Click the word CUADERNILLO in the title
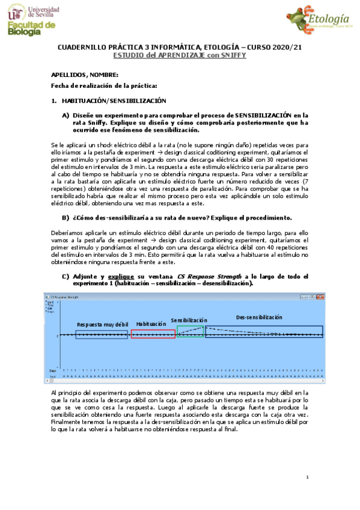coord(81,47)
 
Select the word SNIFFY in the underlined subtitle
coord(234,54)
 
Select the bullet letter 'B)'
coord(66,200)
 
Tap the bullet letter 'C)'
coord(66,275)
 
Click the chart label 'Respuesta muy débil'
coord(102,324)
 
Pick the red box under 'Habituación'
coord(153,334)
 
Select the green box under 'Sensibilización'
coord(190,331)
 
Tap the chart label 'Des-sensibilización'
coord(258,317)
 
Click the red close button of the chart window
coord(322,297)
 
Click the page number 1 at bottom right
coord(307,478)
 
